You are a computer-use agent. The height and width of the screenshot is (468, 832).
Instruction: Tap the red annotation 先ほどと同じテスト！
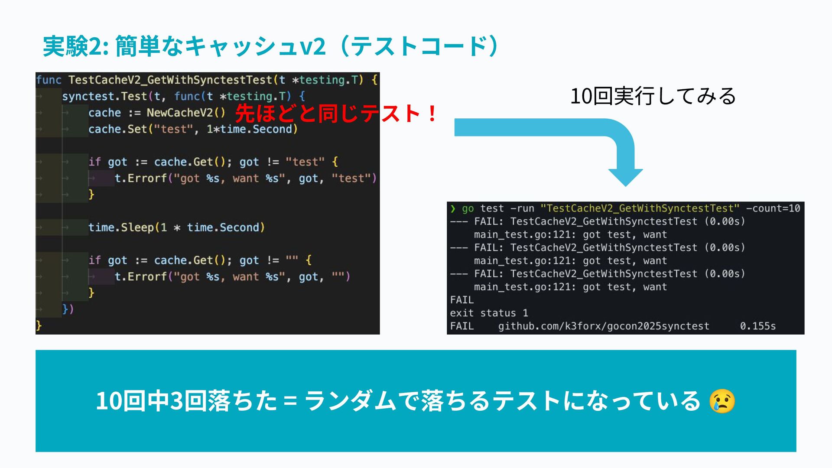click(x=336, y=114)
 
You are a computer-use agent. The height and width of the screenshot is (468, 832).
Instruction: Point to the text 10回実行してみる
click(x=653, y=96)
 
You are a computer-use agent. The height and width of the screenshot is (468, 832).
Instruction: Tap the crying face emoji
click(x=722, y=401)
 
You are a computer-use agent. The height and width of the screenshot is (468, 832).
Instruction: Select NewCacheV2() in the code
click(x=186, y=113)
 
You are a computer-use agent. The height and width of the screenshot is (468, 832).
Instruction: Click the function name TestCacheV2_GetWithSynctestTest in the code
click(x=170, y=80)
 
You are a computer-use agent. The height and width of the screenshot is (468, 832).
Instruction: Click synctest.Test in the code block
click(x=104, y=96)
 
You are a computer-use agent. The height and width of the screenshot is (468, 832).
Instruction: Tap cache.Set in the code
click(x=117, y=129)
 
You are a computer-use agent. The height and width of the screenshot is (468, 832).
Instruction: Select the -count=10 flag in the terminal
click(x=773, y=208)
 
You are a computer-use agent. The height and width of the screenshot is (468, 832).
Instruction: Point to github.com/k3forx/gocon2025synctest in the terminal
click(x=604, y=326)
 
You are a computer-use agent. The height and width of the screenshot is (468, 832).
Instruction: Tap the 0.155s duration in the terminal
click(x=757, y=326)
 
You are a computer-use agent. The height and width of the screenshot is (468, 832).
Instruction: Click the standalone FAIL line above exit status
click(x=462, y=300)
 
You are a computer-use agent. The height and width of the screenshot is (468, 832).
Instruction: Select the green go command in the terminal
click(x=468, y=208)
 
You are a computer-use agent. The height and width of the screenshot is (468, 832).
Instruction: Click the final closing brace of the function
click(x=39, y=325)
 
